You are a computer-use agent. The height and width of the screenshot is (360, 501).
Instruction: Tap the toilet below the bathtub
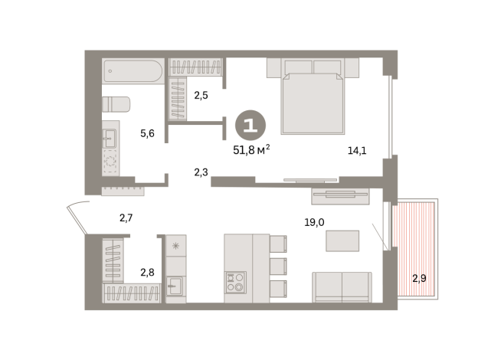pyautogui.click(x=117, y=105)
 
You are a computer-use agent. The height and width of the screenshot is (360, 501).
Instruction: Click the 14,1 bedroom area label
pyautogui.click(x=357, y=150)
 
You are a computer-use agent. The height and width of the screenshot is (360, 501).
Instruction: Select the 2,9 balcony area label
pyautogui.click(x=419, y=277)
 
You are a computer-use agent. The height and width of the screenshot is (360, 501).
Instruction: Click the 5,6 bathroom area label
pyautogui.click(x=147, y=133)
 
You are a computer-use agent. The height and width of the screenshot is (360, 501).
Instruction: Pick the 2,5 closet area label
pyautogui.click(x=201, y=96)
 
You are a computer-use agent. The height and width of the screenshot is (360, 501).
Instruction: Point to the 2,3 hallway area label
pyautogui.click(x=201, y=172)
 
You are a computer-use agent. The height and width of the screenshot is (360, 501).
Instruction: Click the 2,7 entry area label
pyautogui.click(x=126, y=218)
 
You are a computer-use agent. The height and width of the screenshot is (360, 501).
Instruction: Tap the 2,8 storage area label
pyautogui.click(x=147, y=271)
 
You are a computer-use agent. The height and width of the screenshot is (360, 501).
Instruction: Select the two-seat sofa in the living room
pyautogui.click(x=342, y=287)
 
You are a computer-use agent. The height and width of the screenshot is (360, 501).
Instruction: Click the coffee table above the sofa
pyautogui.click(x=342, y=241)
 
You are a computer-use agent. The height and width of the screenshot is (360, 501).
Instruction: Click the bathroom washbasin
pyautogui.click(x=110, y=139)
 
